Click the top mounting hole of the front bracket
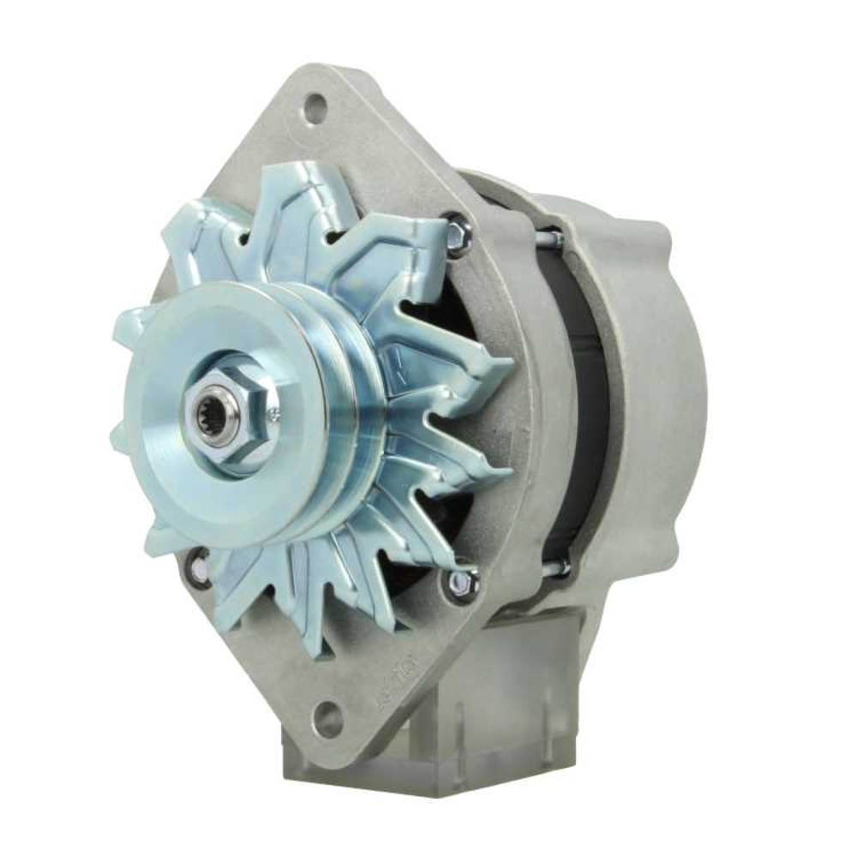pyautogui.click(x=315, y=109)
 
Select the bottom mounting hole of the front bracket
pyautogui.click(x=327, y=720)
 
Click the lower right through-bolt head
pyautogui.click(x=462, y=582)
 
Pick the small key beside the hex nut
pyautogui.click(x=274, y=416)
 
